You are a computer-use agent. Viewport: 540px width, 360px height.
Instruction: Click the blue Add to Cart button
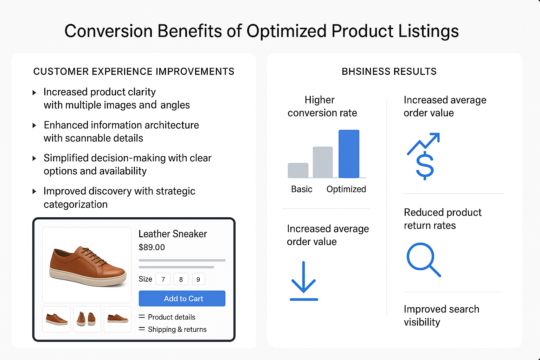[182, 298]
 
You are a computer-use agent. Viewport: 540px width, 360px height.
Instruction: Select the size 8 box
[181, 279]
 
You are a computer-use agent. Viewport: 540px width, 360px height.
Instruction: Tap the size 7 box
[163, 279]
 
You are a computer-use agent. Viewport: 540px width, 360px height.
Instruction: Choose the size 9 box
[198, 279]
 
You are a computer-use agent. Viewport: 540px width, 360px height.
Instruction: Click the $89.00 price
[152, 247]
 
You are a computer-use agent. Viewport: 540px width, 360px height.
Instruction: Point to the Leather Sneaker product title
[173, 234]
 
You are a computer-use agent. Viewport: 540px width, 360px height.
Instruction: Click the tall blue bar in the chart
[349, 154]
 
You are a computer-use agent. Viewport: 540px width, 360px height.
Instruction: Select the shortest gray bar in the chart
[298, 171]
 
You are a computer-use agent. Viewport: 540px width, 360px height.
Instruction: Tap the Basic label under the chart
[302, 189]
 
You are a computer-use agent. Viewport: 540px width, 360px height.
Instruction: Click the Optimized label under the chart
[346, 189]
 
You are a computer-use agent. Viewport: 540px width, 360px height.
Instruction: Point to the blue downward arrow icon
[304, 281]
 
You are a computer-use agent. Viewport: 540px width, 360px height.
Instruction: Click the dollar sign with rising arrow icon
[424, 156]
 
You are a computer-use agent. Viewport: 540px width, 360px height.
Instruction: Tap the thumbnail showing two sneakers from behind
[86, 319]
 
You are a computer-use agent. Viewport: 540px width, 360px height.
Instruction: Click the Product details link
[171, 317]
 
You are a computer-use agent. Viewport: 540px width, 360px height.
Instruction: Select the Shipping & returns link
[177, 329]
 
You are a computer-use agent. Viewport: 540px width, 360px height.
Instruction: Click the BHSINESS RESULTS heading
[389, 72]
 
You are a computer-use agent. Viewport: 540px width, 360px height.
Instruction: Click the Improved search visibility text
[441, 315]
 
